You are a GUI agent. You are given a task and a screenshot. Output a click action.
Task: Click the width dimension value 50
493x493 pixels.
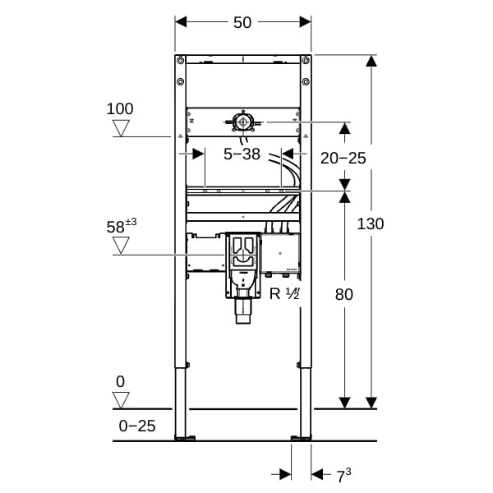click(x=242, y=23)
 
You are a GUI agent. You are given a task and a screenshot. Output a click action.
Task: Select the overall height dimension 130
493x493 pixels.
click(x=371, y=223)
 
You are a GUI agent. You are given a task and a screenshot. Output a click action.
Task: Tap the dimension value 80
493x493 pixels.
click(x=344, y=295)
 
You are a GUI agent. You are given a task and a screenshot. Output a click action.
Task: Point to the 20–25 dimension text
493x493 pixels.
click(x=343, y=158)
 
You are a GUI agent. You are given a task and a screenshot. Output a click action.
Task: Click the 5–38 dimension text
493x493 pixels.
click(x=242, y=154)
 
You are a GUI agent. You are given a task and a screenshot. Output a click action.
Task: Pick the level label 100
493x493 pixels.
click(x=120, y=108)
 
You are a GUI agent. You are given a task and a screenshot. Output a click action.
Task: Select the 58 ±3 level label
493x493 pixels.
click(x=122, y=226)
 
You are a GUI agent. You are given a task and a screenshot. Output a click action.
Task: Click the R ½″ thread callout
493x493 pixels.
click(x=284, y=294)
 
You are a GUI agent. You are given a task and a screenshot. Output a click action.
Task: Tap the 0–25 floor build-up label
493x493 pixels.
click(x=137, y=426)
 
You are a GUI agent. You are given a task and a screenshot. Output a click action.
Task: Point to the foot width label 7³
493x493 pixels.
click(x=343, y=476)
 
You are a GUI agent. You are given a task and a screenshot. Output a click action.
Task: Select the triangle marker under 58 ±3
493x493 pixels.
click(x=121, y=246)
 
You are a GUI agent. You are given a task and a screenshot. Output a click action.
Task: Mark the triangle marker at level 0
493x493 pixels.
click(x=121, y=400)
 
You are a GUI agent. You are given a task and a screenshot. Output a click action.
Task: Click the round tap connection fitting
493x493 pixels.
click(x=242, y=122)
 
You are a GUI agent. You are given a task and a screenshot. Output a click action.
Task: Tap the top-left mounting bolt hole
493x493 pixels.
click(x=181, y=60)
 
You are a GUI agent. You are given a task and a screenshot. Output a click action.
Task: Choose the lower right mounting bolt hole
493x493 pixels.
click(x=306, y=81)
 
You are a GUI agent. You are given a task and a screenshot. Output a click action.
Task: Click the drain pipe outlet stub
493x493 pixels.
click(x=243, y=311)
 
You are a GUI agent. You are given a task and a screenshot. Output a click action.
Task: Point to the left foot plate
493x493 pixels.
click(x=185, y=438)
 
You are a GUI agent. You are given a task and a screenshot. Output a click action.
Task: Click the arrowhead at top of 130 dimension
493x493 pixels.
click(x=371, y=61)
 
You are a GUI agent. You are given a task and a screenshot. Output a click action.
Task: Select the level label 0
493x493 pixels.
click(x=121, y=382)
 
